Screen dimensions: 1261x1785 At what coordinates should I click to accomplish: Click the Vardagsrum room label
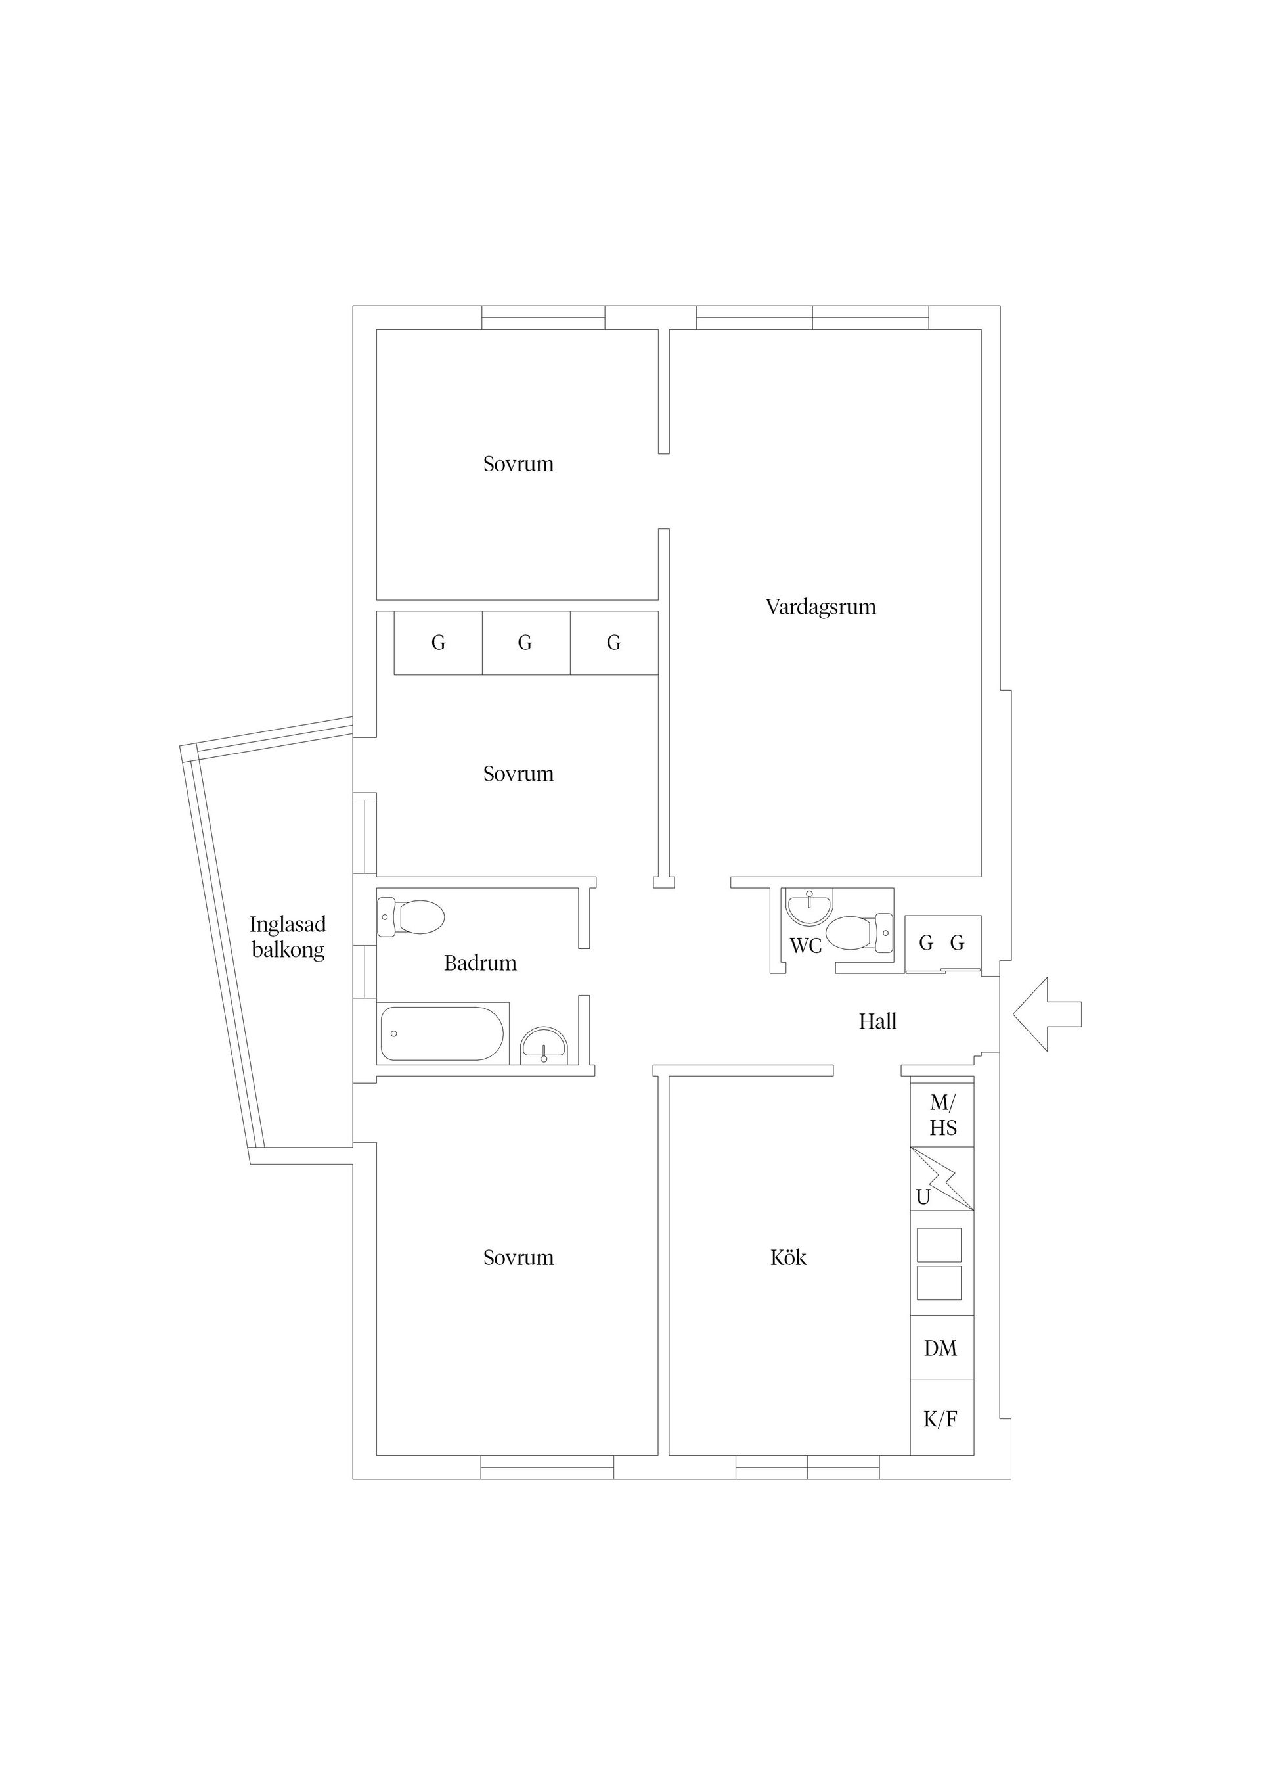point(820,607)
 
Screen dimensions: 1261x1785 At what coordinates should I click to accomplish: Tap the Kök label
point(788,1258)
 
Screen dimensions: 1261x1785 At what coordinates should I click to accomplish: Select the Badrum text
point(480,963)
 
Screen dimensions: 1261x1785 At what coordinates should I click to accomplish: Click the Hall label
point(877,1021)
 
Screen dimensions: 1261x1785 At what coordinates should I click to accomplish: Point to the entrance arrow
point(1046,1015)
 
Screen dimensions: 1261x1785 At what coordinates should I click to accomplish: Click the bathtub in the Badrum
point(441,1034)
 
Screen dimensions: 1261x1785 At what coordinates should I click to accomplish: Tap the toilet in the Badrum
point(411,917)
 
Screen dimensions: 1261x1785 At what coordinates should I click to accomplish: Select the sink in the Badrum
point(544,1046)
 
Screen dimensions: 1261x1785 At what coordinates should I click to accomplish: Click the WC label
point(806,946)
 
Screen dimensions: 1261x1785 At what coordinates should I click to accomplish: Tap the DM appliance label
point(940,1349)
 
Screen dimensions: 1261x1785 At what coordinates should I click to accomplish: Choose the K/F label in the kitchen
point(940,1420)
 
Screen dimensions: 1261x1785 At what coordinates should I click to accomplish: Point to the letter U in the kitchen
point(923,1198)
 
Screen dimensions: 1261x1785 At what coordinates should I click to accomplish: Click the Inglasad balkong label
point(288,937)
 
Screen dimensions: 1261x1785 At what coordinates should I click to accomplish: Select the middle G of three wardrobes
point(525,643)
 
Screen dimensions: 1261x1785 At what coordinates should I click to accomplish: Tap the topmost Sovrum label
point(518,464)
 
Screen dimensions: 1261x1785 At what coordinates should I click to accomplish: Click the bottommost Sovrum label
point(518,1258)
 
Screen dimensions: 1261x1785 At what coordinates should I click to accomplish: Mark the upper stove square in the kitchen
point(939,1245)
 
